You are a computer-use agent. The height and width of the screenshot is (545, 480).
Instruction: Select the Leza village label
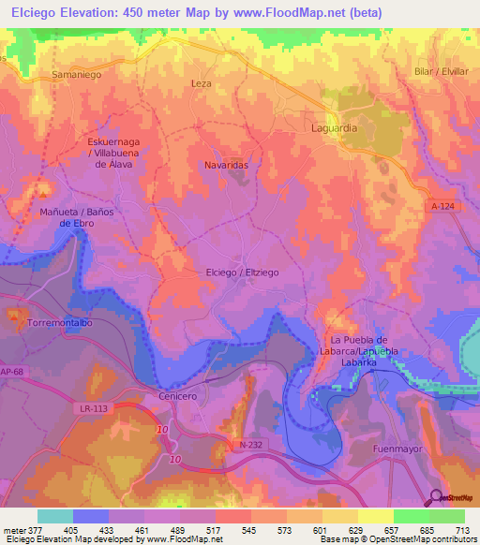[x=202, y=83]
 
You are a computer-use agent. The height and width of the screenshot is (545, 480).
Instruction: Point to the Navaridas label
[x=226, y=164]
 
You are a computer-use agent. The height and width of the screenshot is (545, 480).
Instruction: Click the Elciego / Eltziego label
[x=242, y=272]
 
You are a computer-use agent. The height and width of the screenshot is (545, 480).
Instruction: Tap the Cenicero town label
[x=177, y=396]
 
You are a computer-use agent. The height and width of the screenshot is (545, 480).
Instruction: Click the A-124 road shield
[x=443, y=205]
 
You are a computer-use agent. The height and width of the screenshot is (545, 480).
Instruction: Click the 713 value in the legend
[x=461, y=531]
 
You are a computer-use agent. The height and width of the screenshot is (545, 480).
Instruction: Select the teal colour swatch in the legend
[x=54, y=516]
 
